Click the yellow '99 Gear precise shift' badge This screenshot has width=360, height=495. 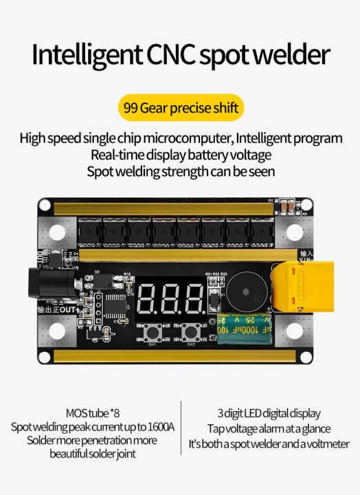click(x=180, y=109)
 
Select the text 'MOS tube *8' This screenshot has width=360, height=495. click(x=91, y=414)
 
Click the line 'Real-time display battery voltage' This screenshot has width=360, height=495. click(x=180, y=155)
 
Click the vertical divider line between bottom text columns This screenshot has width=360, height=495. click(x=180, y=428)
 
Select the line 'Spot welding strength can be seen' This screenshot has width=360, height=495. click(x=180, y=171)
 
